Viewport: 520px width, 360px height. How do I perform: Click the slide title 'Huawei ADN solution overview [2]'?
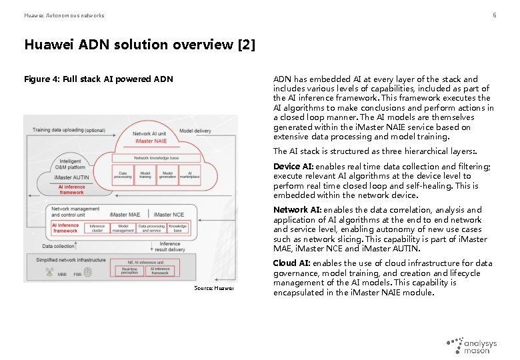pos(139,45)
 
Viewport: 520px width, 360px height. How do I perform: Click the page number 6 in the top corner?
pos(494,15)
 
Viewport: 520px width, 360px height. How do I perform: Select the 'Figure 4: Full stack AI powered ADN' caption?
pos(99,79)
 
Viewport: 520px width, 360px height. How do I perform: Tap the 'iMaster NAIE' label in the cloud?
pos(150,142)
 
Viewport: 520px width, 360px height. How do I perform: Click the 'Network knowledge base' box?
pos(157,157)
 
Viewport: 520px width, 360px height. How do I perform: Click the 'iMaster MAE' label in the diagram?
pos(125,214)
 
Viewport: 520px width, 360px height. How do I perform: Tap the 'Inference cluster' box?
pos(97,227)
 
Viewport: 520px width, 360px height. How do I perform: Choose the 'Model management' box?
pos(123,227)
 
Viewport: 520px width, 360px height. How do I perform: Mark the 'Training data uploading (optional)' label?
pos(69,129)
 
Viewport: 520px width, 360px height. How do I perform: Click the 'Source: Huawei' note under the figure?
pos(214,288)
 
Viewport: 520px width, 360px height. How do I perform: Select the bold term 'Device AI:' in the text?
pos(293,167)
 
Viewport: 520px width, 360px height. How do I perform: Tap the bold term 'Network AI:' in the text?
pos(297,210)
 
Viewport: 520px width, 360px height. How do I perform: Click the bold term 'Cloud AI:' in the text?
pos(292,263)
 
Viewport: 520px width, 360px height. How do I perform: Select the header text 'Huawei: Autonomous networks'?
pos(64,15)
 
